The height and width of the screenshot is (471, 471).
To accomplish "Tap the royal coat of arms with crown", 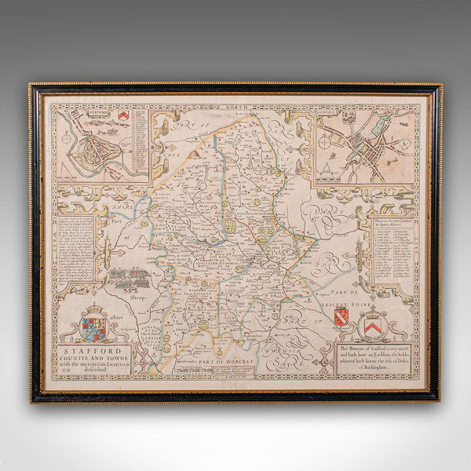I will (x=93, y=322).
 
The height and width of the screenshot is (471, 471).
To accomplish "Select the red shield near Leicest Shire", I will (x=341, y=317).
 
